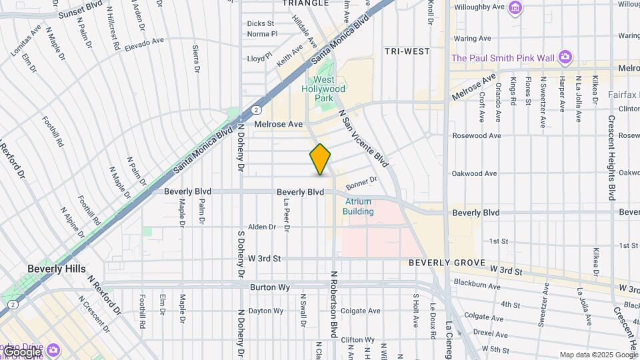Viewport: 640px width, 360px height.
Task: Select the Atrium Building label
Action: (x=358, y=206)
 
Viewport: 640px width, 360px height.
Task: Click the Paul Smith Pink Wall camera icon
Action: (x=565, y=57)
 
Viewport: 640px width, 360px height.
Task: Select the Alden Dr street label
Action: (x=262, y=227)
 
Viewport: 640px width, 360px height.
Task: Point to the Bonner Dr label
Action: (x=362, y=181)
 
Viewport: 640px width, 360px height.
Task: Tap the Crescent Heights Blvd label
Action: (x=611, y=158)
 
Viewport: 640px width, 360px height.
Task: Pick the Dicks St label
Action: (x=261, y=23)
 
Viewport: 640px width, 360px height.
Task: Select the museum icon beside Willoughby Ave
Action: (x=515, y=7)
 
